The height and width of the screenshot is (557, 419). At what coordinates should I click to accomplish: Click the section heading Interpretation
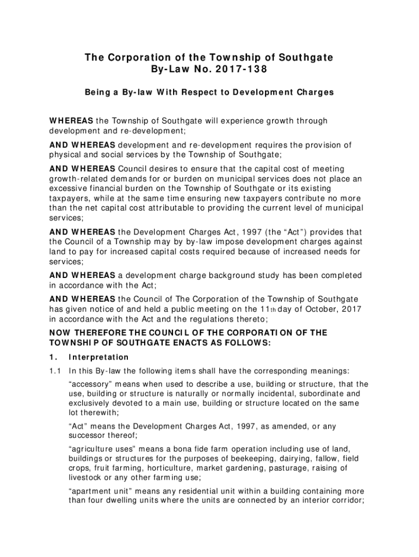[x=98, y=357]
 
